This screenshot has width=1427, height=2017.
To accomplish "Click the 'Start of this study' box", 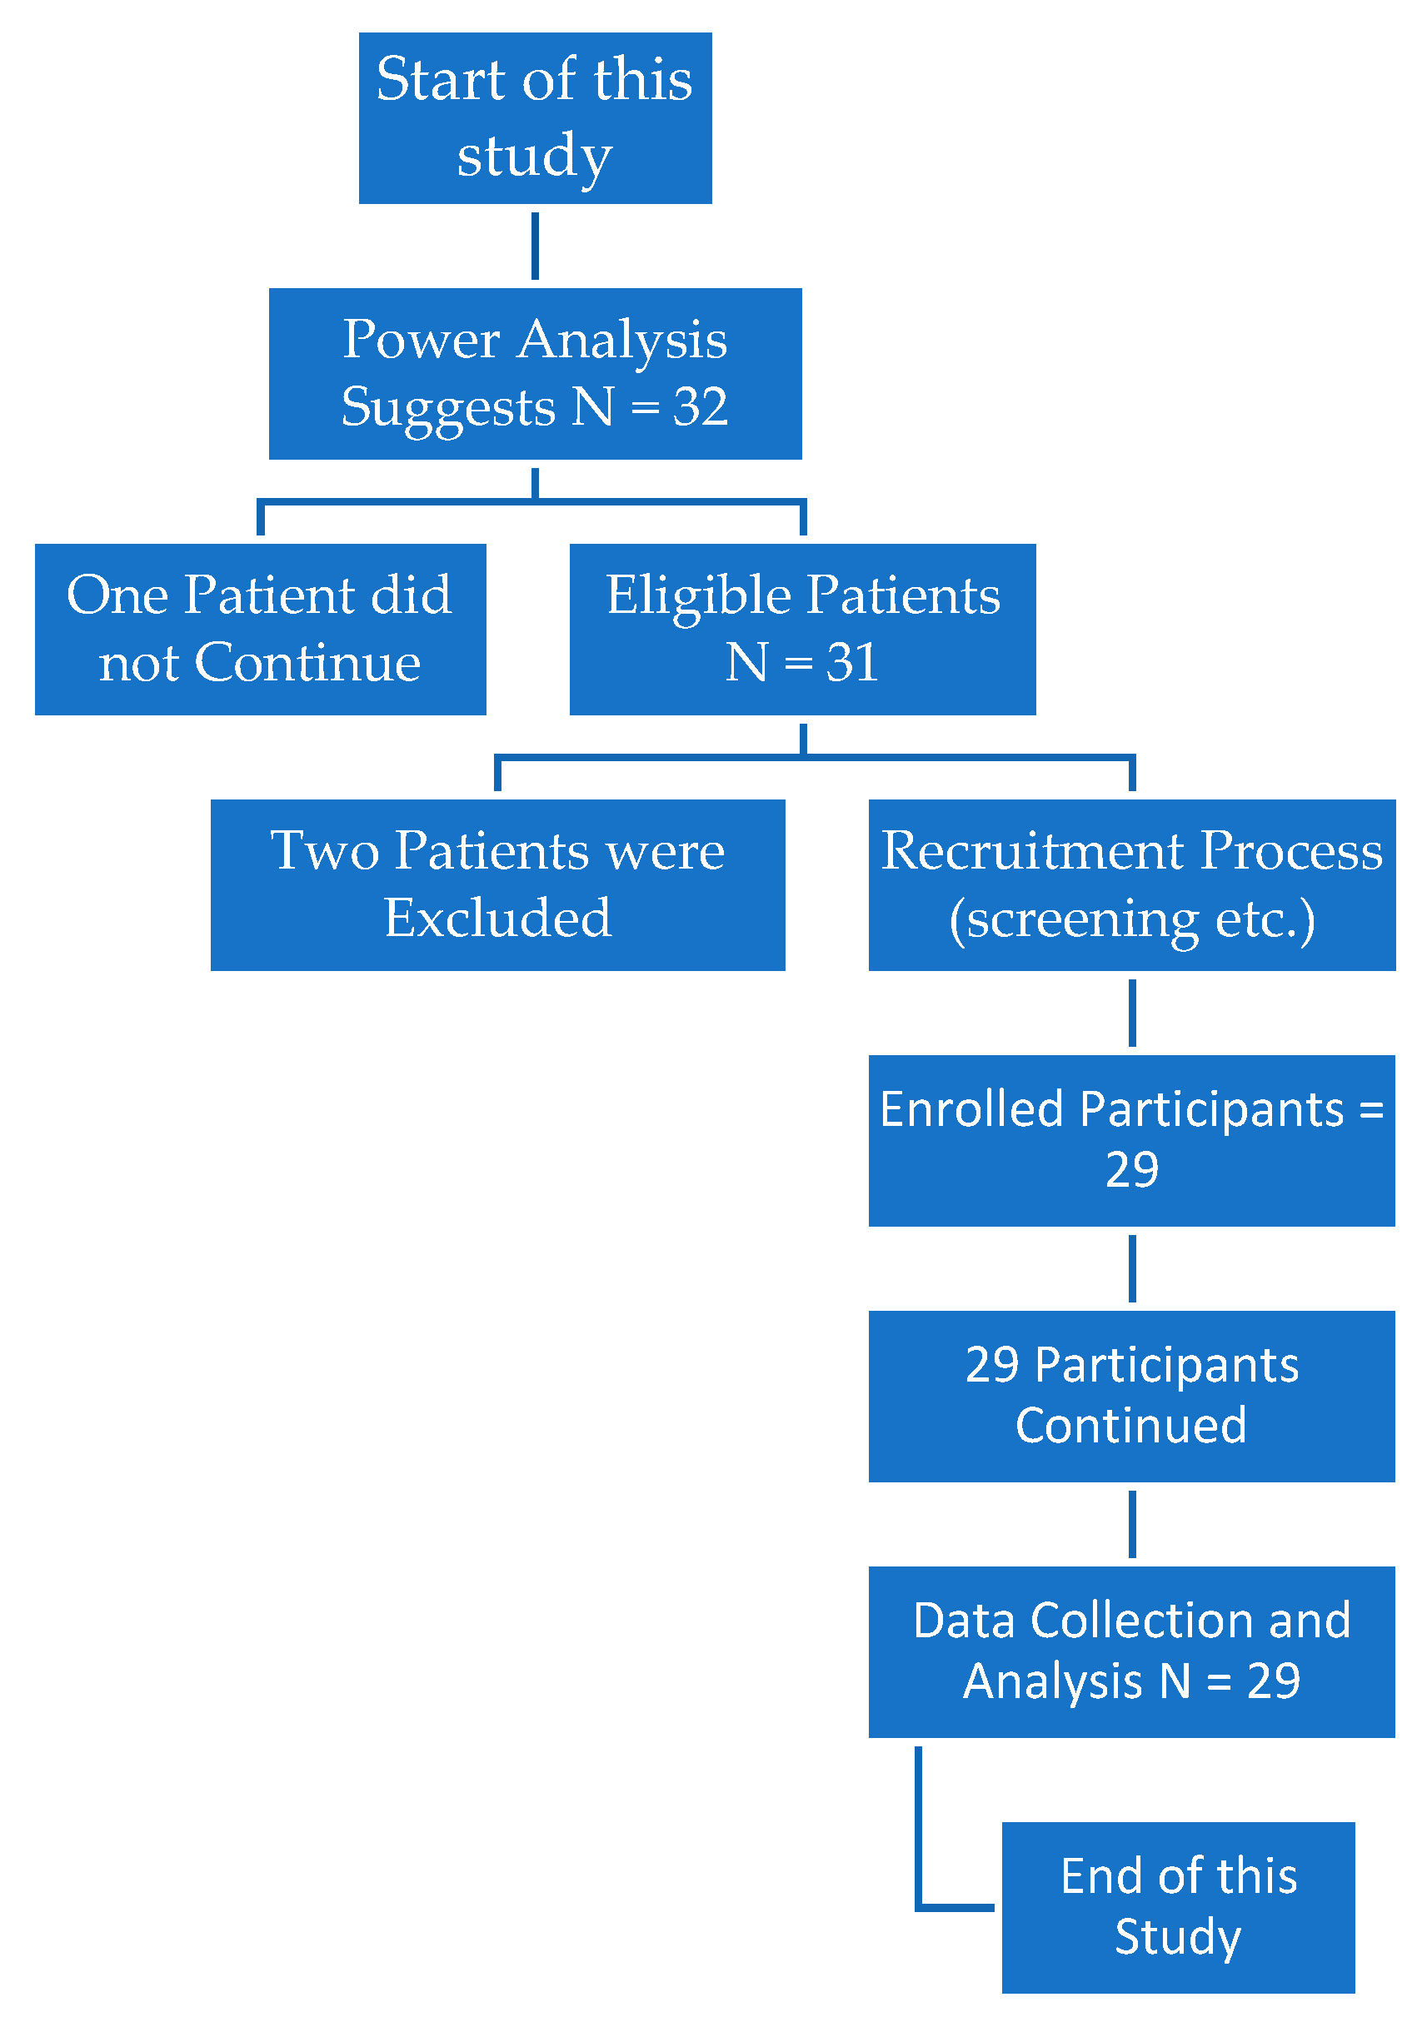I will (x=534, y=117).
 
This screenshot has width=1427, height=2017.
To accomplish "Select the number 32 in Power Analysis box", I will (x=701, y=406).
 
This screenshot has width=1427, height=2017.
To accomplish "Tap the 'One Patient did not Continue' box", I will (x=260, y=629).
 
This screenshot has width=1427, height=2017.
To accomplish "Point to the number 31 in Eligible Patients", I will (x=851, y=662).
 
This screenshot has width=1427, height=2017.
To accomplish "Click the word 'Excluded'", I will (x=497, y=918).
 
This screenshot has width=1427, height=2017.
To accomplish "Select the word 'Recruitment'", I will (x=1032, y=850).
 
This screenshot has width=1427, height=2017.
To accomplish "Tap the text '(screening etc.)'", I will (x=1132, y=919).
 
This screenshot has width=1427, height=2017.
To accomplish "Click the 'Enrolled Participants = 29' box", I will (x=1132, y=1140).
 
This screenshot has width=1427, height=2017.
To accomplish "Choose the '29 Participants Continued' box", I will (x=1132, y=1396).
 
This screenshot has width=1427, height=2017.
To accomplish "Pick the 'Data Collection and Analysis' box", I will (x=1132, y=1651).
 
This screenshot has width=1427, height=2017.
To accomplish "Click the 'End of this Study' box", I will (x=1177, y=1907).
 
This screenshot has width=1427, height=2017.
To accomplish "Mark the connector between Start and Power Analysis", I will (x=535, y=246).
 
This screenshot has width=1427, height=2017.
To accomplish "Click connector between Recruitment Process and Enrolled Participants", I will (x=1132, y=1013).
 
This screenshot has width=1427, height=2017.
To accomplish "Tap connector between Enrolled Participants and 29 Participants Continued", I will (x=1132, y=1268).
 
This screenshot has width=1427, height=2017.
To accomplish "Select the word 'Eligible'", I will (x=699, y=595).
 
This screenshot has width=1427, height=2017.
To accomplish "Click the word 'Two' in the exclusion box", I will (x=324, y=850).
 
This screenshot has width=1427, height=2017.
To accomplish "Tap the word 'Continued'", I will (x=1131, y=1425).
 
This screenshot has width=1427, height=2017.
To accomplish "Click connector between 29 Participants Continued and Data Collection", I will (x=1132, y=1524).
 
